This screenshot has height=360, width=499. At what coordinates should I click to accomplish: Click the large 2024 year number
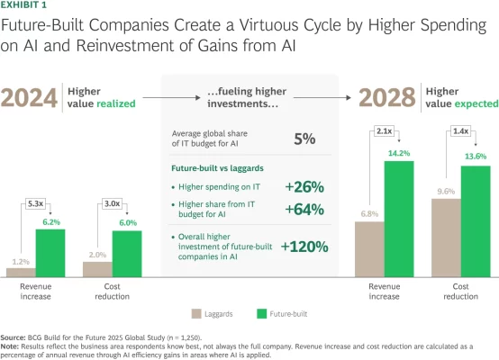point(30,95)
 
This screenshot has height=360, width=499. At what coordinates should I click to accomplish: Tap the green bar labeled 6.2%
point(50,252)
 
